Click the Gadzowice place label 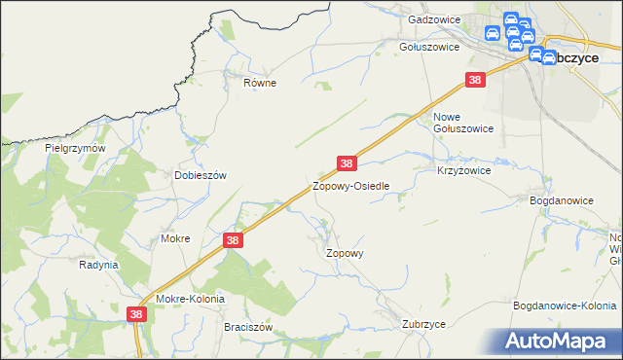(433, 19)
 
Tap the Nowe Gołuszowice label (462, 122)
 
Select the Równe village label (260, 83)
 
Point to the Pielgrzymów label (74, 148)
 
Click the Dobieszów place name (200, 175)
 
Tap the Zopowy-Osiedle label (351, 185)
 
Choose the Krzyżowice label (463, 169)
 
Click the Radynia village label (98, 264)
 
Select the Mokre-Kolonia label (190, 299)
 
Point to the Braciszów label (247, 327)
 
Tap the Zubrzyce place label (423, 323)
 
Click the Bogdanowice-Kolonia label (565, 306)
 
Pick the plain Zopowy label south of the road (344, 252)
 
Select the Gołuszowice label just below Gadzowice (429, 46)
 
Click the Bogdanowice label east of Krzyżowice (561, 199)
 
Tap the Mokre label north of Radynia (174, 237)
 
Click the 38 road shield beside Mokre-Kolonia (137, 313)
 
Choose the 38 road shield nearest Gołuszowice (475, 80)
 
